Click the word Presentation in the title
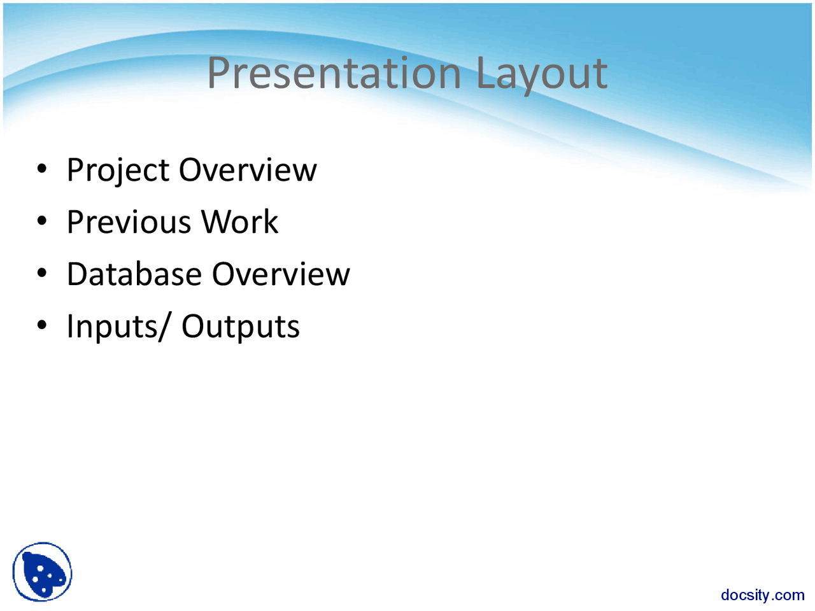[x=334, y=73]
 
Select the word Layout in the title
[x=541, y=73]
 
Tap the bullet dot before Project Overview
[x=42, y=169]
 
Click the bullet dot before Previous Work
[x=42, y=221]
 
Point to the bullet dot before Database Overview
[x=42, y=274]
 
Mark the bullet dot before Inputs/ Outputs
[x=42, y=326]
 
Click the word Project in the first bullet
[x=118, y=171]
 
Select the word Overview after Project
[x=248, y=170]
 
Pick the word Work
[x=239, y=222]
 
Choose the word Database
[x=134, y=274]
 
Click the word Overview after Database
[x=281, y=274]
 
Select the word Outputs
[x=241, y=327]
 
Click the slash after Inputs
[x=166, y=327]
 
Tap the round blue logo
[x=42, y=572]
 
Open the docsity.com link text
[x=762, y=595]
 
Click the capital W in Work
[x=216, y=222]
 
